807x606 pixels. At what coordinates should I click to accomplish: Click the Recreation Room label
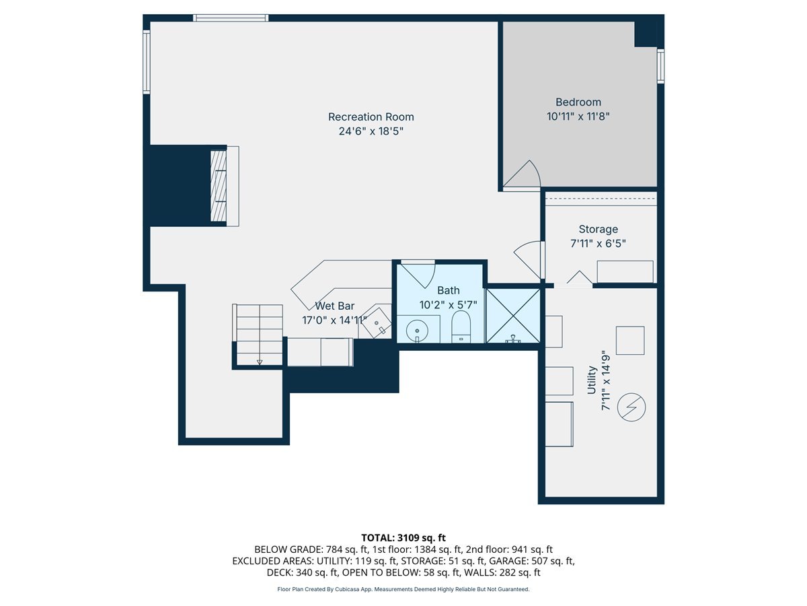point(371,117)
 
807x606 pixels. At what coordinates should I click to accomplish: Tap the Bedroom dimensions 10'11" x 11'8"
point(578,116)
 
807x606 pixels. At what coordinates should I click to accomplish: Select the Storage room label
point(598,230)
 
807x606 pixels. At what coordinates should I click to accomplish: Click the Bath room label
point(448,290)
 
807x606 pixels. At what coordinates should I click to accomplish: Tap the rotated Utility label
point(592,380)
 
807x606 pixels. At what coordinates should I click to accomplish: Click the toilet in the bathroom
point(461,326)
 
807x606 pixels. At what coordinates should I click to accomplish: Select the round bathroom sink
point(416,331)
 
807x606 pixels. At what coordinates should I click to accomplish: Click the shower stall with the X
point(512,316)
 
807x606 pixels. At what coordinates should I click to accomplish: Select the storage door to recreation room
point(529,259)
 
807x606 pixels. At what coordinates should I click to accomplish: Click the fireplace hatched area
point(219,185)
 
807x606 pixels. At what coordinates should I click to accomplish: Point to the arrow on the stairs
point(259,362)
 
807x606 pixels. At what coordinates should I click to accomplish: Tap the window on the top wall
point(231,18)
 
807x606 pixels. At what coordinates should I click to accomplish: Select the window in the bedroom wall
point(660,66)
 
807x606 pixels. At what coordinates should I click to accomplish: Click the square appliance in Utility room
point(630,340)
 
